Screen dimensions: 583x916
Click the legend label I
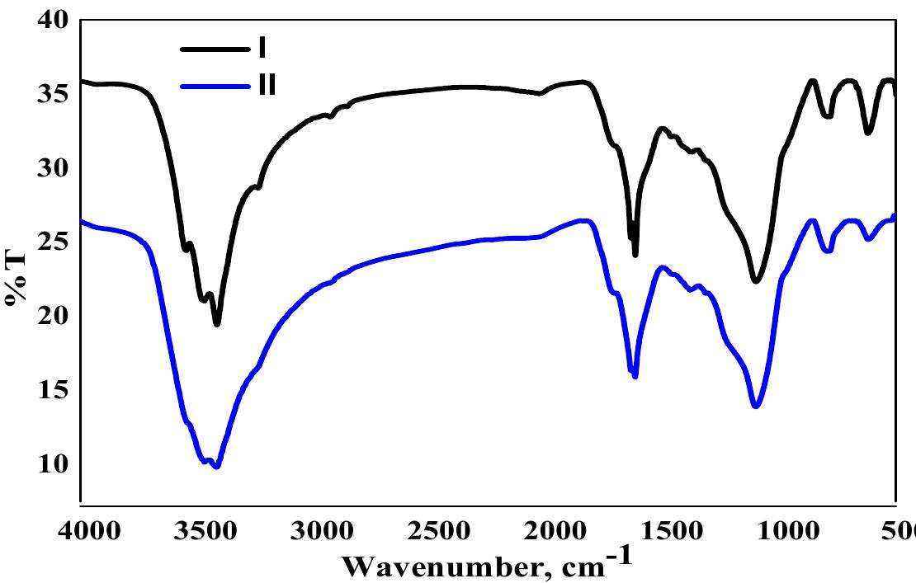click(262, 48)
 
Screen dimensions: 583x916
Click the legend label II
click(266, 85)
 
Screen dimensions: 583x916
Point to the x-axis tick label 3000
click(318, 529)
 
